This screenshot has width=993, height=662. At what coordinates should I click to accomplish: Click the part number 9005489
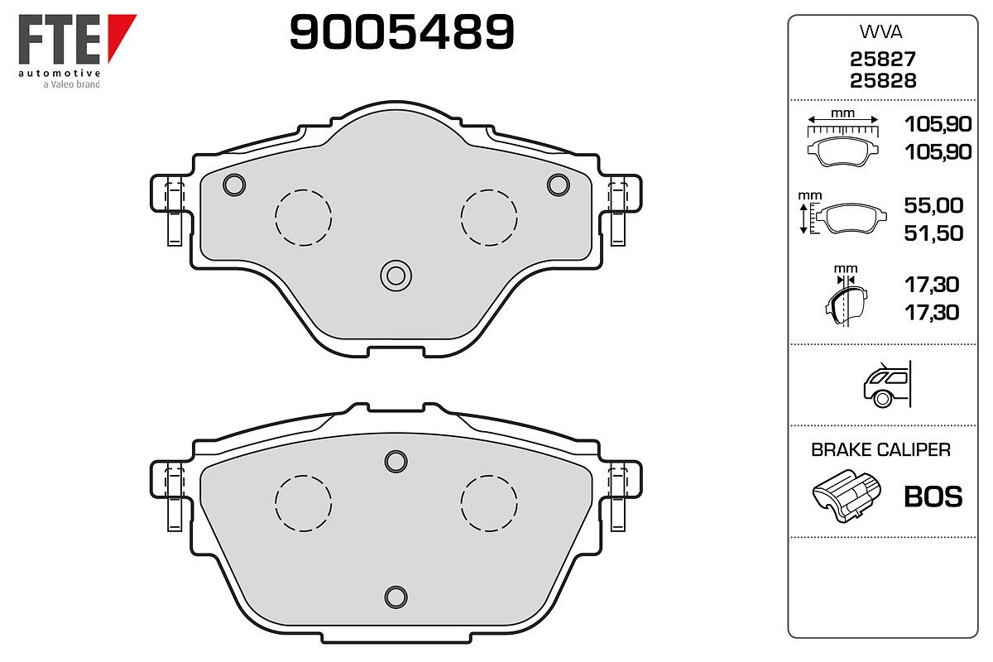(x=401, y=31)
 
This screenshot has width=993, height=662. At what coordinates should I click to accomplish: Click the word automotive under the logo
(x=60, y=73)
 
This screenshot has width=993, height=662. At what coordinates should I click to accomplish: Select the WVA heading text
(x=880, y=32)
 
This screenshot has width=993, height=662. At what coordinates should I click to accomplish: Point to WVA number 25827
(x=883, y=59)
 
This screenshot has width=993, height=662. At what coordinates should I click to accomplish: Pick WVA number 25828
(x=883, y=81)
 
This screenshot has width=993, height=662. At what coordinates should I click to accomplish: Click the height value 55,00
(x=933, y=205)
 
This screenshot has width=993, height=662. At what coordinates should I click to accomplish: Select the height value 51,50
(x=933, y=233)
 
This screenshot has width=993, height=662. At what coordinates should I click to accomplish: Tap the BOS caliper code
(x=933, y=496)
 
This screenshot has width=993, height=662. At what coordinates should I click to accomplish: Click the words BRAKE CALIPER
(x=880, y=449)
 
